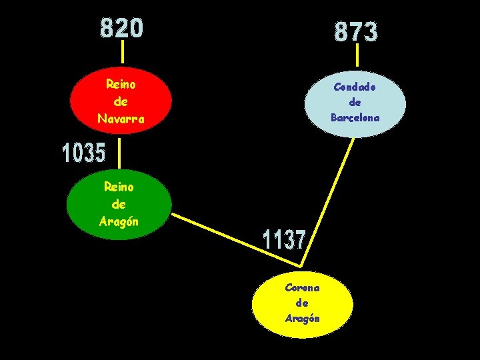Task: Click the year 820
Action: click(122, 28)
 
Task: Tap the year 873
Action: click(356, 31)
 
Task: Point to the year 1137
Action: click(284, 240)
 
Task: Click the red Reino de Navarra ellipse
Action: click(121, 101)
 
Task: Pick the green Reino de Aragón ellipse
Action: click(119, 205)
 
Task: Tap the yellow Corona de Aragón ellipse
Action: click(303, 303)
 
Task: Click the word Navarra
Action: click(121, 119)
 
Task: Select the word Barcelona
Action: click(355, 118)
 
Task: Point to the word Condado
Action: click(355, 87)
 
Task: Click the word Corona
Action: click(303, 288)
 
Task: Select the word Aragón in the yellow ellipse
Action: click(303, 319)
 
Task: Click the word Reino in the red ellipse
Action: click(121, 85)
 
